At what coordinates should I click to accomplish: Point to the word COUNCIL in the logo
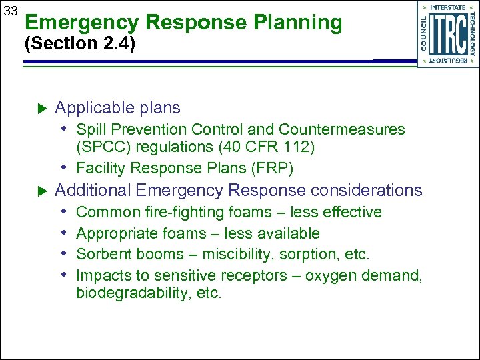(x=423, y=33)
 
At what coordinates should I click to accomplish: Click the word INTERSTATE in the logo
(x=448, y=7)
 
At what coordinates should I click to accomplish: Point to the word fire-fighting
(x=175, y=213)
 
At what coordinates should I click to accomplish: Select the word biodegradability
(x=134, y=294)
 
